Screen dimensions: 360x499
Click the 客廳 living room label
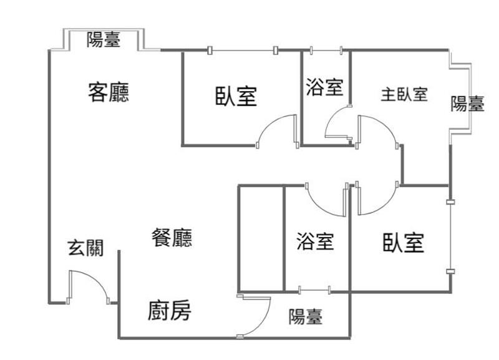click(109, 94)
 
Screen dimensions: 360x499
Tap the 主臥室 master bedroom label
click(404, 95)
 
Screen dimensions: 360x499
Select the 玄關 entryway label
click(85, 248)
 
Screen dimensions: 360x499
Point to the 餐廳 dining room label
click(172, 238)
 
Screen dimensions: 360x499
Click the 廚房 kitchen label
click(169, 310)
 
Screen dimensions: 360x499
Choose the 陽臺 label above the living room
click(104, 40)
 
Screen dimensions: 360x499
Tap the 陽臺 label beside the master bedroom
click(467, 104)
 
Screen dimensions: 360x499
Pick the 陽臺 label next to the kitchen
click(306, 317)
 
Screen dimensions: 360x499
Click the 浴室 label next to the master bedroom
click(324, 87)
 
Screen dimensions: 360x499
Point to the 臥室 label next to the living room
click(236, 97)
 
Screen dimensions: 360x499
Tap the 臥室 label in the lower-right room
click(404, 243)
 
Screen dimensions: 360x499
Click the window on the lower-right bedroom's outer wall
click(450, 236)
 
